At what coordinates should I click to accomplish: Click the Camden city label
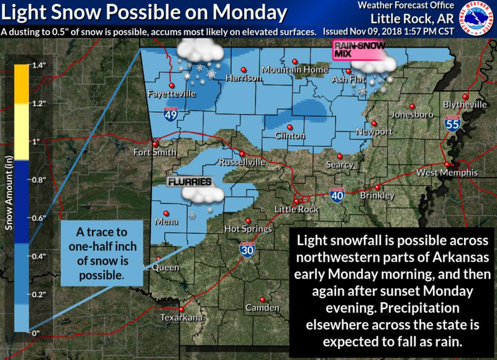[x=258, y=308]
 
